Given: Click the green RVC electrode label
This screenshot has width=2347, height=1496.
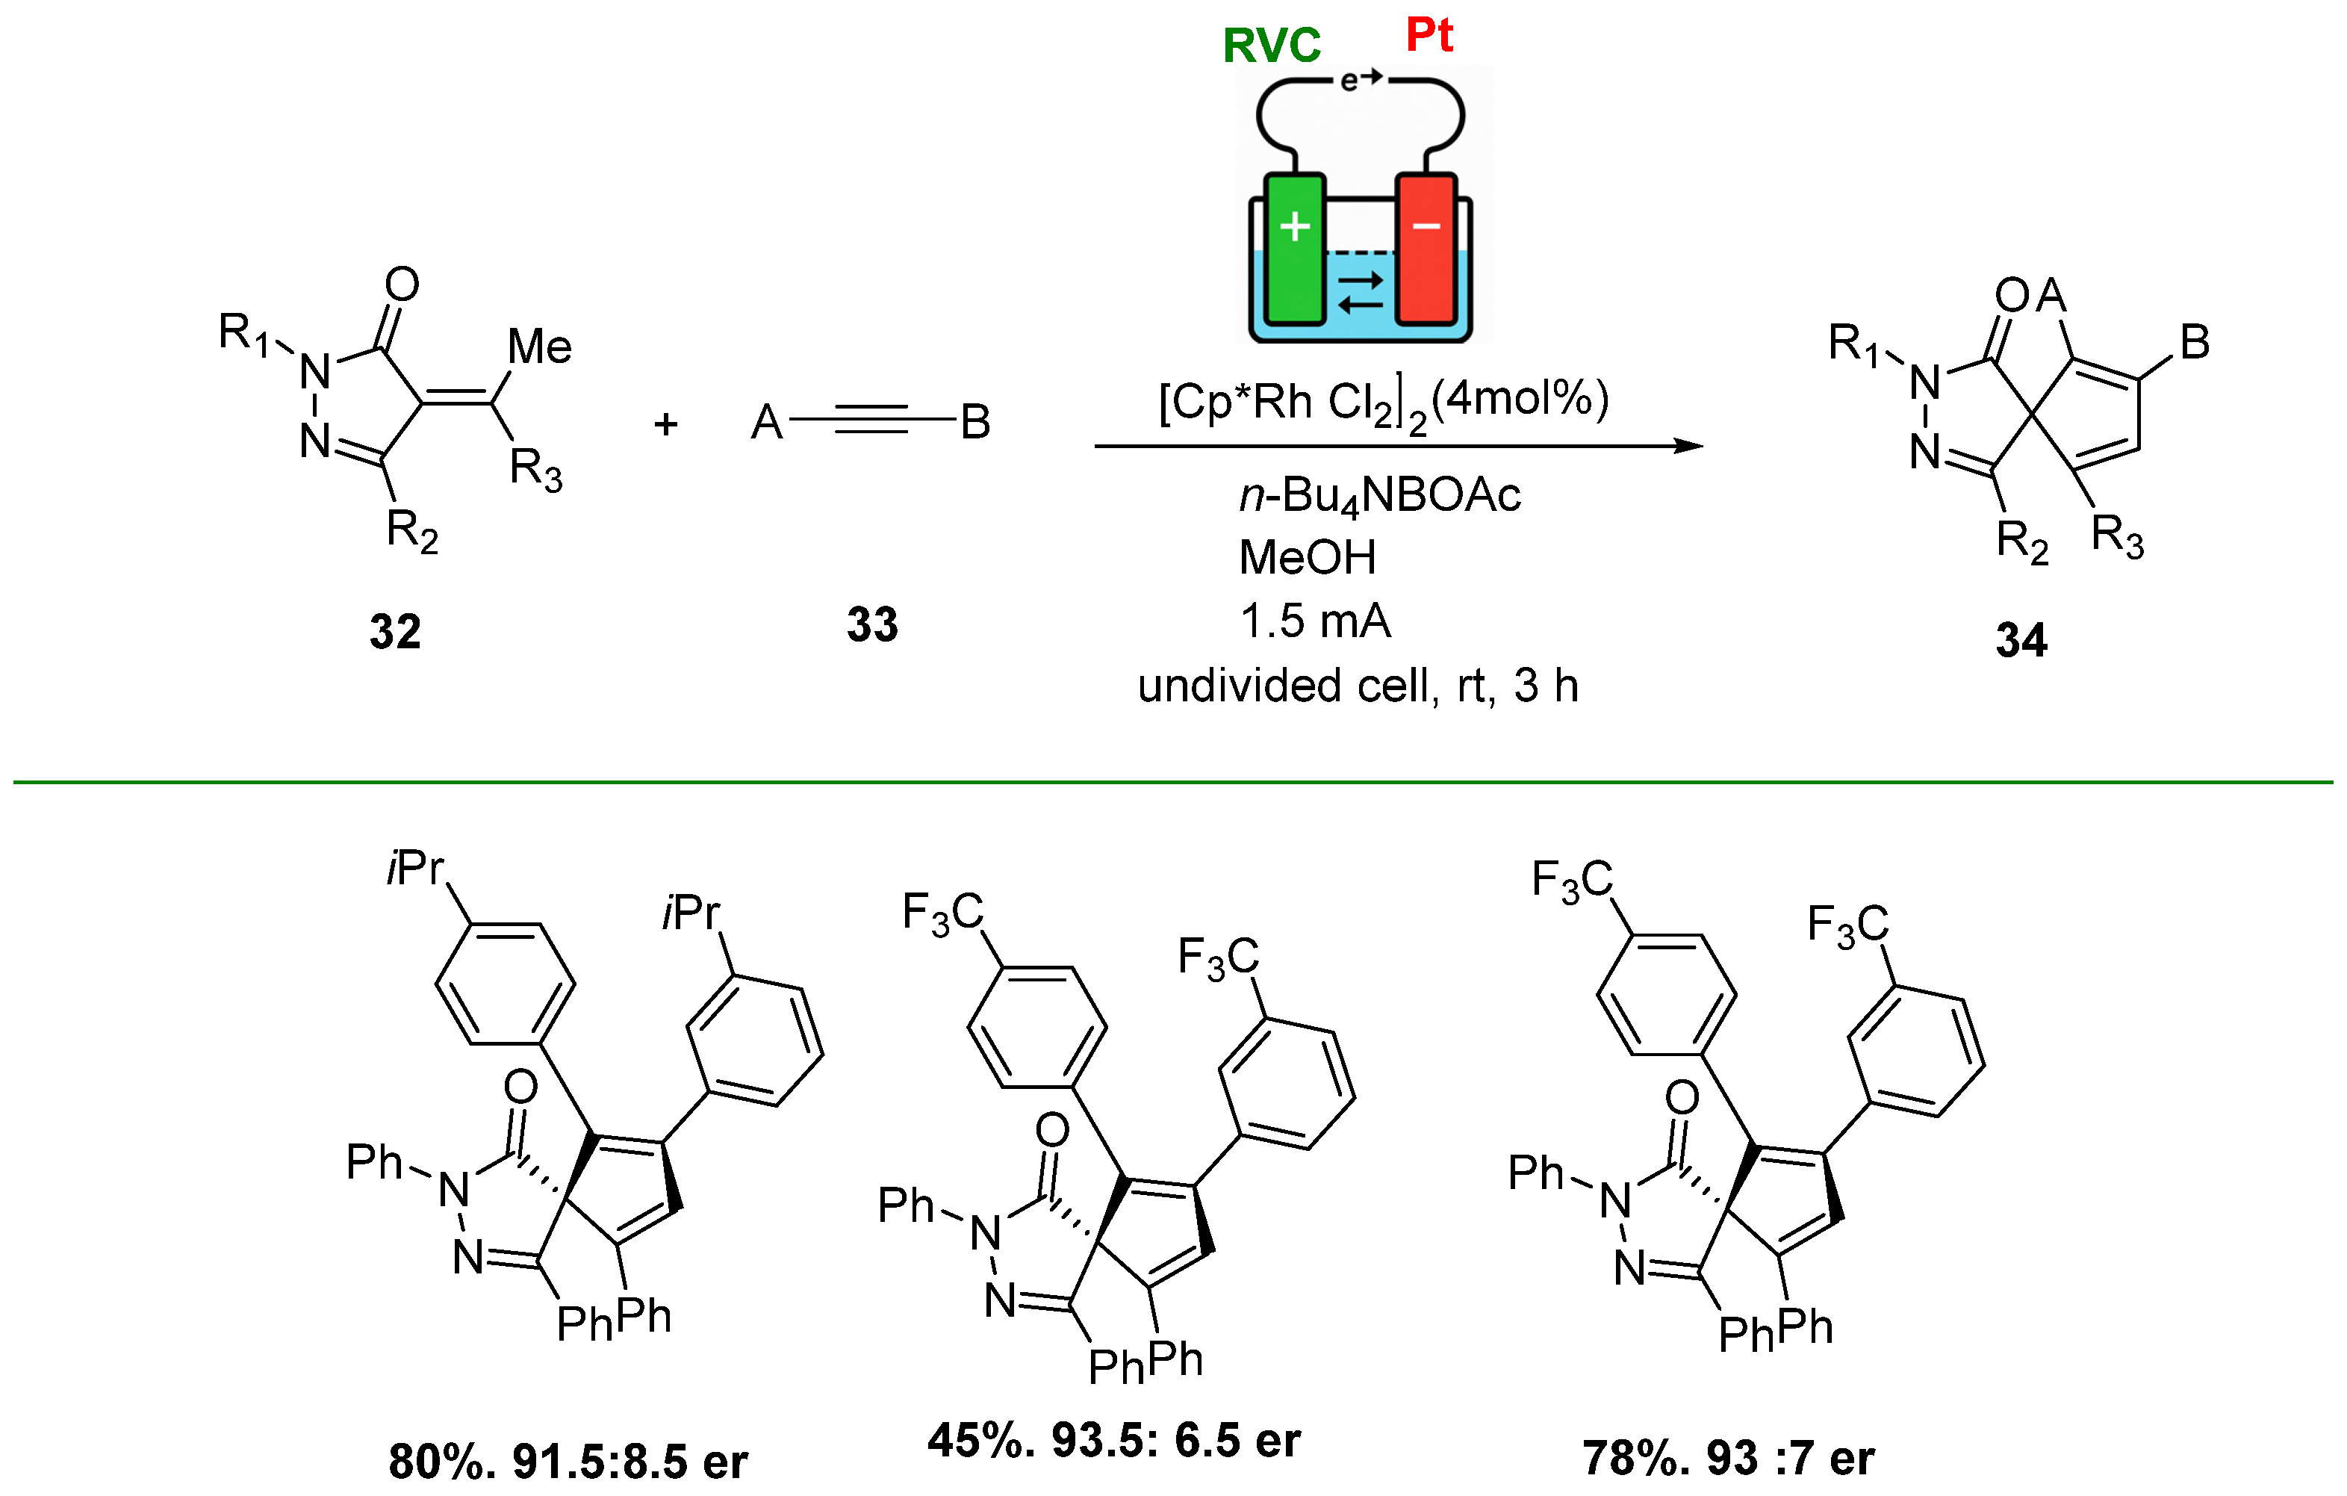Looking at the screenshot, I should pyautogui.click(x=1271, y=45).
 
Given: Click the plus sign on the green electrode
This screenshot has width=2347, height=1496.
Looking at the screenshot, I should pyautogui.click(x=1294, y=226).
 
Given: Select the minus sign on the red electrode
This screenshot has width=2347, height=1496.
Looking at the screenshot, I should pyautogui.click(x=1426, y=226).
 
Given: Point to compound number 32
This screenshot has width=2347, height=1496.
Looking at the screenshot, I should pyautogui.click(x=395, y=632).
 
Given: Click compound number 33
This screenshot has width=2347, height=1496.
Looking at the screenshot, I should pyautogui.click(x=871, y=624).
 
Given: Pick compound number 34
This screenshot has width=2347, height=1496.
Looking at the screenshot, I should pyautogui.click(x=2021, y=640).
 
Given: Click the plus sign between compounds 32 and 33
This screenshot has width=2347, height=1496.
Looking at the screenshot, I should pyautogui.click(x=665, y=424).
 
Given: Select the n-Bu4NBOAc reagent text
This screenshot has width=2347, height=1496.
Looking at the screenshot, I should pyautogui.click(x=1379, y=495).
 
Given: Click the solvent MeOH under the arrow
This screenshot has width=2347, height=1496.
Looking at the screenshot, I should pyautogui.click(x=1307, y=557).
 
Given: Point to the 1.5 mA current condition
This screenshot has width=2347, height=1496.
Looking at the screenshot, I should pyautogui.click(x=1315, y=621).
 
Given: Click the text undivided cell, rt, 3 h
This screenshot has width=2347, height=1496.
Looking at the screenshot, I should pyautogui.click(x=1358, y=685).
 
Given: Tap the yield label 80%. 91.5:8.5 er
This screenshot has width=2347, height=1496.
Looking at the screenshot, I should pyautogui.click(x=568, y=1461).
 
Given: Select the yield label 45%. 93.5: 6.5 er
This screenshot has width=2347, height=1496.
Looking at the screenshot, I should pyautogui.click(x=1113, y=1439).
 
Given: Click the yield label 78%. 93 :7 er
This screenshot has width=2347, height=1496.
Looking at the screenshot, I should pyautogui.click(x=1728, y=1458).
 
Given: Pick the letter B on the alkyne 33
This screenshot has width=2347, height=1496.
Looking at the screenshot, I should pyautogui.click(x=974, y=422).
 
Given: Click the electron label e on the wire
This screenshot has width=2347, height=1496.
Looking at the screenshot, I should pyautogui.click(x=1349, y=80).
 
